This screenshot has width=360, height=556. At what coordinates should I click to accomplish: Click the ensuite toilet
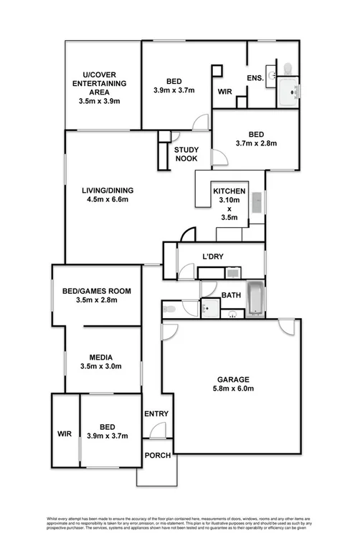[x=287, y=68]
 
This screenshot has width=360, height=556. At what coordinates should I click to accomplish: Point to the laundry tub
[x=232, y=272]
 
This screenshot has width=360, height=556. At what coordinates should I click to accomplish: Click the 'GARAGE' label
[x=233, y=380]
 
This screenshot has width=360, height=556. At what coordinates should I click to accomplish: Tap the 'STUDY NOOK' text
[x=186, y=155]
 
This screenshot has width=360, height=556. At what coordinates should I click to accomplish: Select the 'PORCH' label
[x=157, y=456]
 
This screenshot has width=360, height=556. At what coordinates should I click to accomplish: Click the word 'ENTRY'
[x=156, y=414]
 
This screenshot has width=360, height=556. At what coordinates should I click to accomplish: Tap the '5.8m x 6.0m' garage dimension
[x=233, y=389]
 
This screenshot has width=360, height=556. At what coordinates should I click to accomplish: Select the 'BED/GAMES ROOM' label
[x=97, y=290]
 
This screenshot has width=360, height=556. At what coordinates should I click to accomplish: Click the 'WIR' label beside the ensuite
[x=224, y=91]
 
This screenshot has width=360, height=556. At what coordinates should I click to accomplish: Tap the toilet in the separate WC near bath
[x=170, y=309]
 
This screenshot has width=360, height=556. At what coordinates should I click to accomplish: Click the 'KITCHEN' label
[x=229, y=192]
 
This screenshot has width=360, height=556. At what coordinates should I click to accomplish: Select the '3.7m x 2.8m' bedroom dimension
[x=256, y=143]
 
